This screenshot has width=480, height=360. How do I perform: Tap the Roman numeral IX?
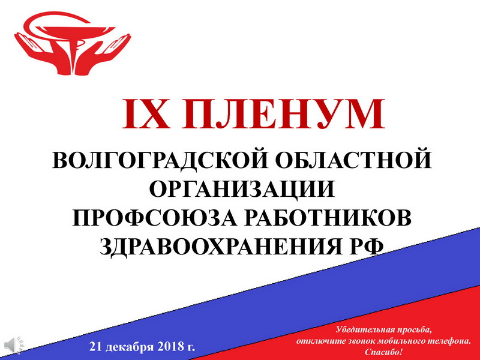click(146, 114)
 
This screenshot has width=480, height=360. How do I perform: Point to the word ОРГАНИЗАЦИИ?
click(242, 189)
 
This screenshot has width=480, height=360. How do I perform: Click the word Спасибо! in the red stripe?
click(383, 352)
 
